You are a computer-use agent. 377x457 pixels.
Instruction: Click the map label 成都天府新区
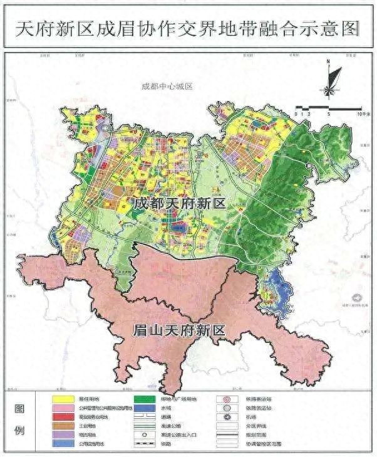pos(179,203)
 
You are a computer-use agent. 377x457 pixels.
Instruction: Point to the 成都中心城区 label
pos(166,87)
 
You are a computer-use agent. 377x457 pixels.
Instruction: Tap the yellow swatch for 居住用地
pos(61,398)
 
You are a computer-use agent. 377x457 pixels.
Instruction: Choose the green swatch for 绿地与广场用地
pos(145,398)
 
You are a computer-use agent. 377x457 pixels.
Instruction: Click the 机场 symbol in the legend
pos(227,416)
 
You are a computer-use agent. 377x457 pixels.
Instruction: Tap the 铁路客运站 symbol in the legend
pos(227,398)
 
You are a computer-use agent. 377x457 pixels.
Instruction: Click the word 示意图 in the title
pos(334,29)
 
